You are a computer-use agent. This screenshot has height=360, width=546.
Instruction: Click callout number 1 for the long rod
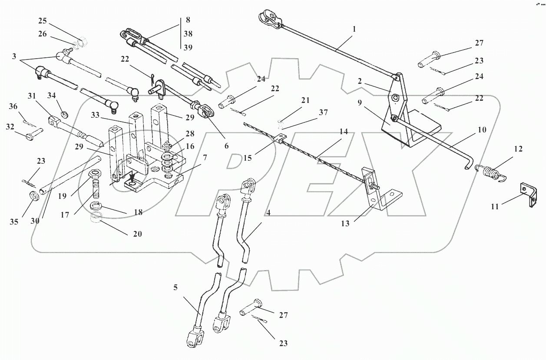[354, 30]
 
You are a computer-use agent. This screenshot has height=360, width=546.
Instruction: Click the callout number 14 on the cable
[344, 131]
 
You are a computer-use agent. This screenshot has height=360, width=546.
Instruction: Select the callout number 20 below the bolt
[138, 234]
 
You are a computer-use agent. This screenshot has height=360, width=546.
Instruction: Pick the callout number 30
[35, 221]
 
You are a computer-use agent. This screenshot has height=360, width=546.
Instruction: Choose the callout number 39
[188, 47]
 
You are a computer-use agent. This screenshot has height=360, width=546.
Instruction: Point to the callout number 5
[175, 287]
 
